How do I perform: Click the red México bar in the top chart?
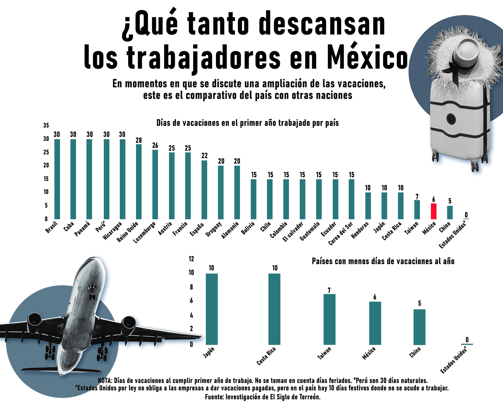(434, 211)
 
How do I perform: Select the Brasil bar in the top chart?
(57, 179)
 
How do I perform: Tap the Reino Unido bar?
(139, 182)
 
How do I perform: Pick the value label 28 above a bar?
(139, 140)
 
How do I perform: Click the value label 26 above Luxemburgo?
(155, 146)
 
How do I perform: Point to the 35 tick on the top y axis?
(46, 125)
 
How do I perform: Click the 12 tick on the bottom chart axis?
(191, 259)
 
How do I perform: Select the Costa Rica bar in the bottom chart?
(274, 309)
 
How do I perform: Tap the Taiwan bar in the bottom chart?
(329, 319)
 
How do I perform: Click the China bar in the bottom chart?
(419, 327)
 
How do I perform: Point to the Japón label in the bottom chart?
(209, 352)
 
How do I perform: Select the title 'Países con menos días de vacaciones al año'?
(383, 261)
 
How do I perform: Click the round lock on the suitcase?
(451, 119)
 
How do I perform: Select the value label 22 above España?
(204, 156)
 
